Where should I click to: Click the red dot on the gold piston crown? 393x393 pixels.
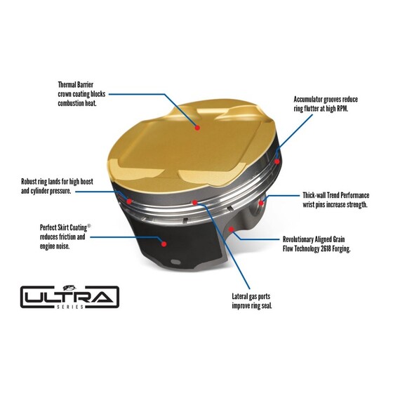[197, 128]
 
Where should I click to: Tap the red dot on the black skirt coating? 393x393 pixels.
[164, 244]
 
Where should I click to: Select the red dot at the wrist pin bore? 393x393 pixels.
[261, 203]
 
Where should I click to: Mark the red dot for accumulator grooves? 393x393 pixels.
[277, 161]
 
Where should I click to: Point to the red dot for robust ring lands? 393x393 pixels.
[129, 201]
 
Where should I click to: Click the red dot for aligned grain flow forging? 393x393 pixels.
[232, 229]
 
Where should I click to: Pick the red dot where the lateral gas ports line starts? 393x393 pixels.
[194, 203]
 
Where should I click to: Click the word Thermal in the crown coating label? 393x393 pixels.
[67, 85]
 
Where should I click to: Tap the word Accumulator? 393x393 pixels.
[308, 100]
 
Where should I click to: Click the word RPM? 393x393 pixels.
[342, 109]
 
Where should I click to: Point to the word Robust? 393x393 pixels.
[29, 182]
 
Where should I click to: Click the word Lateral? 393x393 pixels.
[240, 296]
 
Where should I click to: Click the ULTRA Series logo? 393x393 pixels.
[69, 297]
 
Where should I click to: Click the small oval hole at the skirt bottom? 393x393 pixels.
[175, 262]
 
